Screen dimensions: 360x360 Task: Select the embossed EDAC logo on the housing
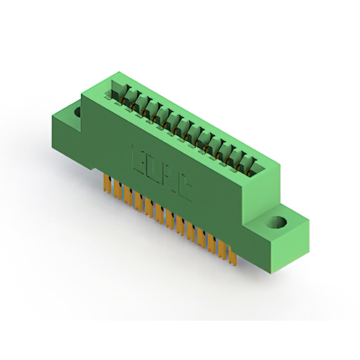pos(161,172)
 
